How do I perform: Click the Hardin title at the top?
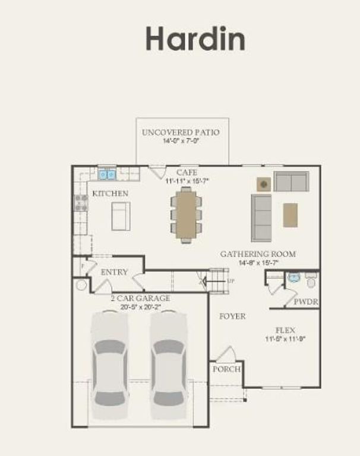click(x=195, y=39)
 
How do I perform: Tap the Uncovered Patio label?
click(x=180, y=132)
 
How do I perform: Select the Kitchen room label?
click(x=109, y=194)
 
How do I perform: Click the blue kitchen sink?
click(x=107, y=175)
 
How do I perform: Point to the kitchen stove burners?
click(x=80, y=204)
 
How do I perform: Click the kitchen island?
click(x=121, y=216)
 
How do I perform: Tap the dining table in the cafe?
click(x=187, y=214)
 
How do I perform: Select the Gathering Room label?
click(x=258, y=254)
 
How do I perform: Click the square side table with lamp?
click(x=264, y=184)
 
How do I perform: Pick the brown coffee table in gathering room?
click(x=290, y=215)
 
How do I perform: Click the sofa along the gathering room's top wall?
click(x=291, y=181)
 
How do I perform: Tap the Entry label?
click(x=114, y=272)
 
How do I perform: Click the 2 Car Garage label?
click(x=140, y=298)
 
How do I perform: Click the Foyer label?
click(x=232, y=316)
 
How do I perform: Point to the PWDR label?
click(x=306, y=302)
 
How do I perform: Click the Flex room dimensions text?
click(x=285, y=339)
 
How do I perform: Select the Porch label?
click(x=226, y=369)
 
